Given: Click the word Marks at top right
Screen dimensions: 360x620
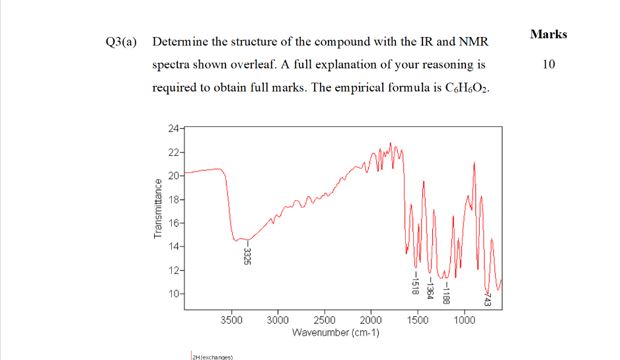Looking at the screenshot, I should coord(548,34).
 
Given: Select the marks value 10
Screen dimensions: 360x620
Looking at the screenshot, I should coord(549,65).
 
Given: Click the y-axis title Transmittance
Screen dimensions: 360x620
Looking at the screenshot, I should coord(157,209).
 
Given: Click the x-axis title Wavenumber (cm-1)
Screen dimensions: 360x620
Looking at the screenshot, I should coord(335,332).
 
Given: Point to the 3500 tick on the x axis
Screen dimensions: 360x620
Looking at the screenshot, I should coord(231,320).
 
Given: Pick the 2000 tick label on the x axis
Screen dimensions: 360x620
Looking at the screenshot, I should coord(371,320).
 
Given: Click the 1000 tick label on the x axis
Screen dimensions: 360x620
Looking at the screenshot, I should coord(464,320).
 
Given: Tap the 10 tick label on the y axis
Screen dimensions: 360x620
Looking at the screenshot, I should coord(173,293).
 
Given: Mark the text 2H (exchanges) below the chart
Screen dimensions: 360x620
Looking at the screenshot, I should coord(209,357).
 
